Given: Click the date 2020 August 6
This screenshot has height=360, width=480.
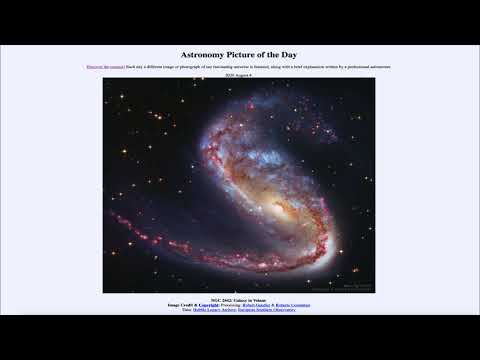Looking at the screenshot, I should (x=239, y=75).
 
